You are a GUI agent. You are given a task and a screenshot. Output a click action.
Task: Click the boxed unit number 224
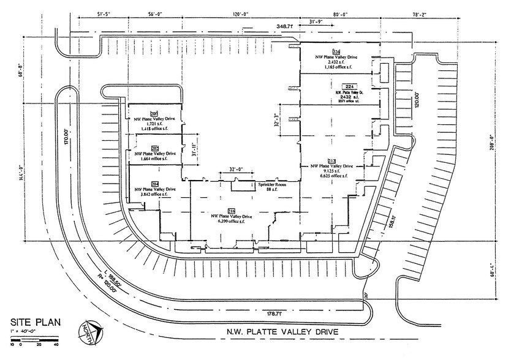tap(350, 87)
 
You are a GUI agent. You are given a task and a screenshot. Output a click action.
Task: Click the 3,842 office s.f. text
tap(155, 195)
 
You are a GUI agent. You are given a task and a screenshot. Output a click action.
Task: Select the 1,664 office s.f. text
tap(155, 158)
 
